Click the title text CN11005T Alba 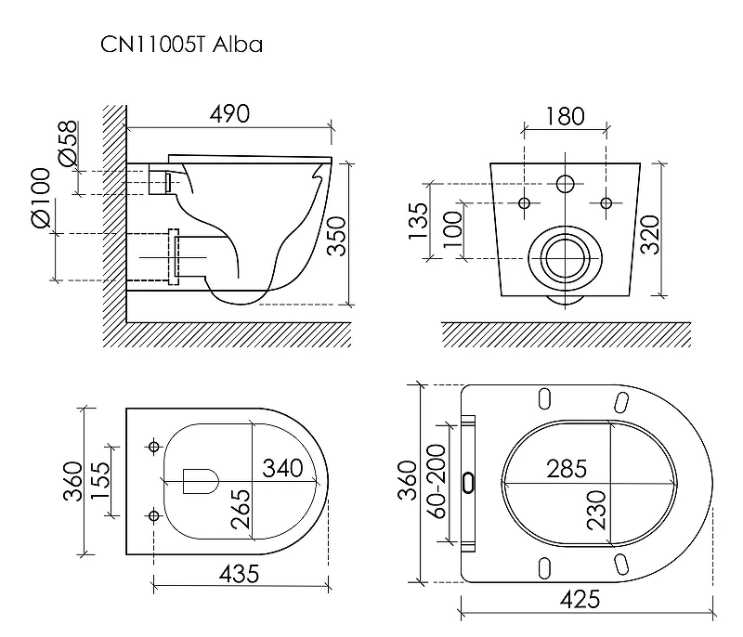coord(181,45)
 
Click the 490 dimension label coord(229,114)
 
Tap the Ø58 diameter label coord(68,144)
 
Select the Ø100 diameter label coord(41,198)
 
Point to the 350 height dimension coord(337,236)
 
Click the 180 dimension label coord(566,116)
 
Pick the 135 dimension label coord(419,221)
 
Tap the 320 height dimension coord(650,234)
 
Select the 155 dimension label coord(100,481)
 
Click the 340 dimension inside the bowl coord(283,468)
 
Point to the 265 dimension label coord(241,509)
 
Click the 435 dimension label coord(240,575)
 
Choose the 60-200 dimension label coord(437,481)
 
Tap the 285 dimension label coord(567,469)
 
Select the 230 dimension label coord(596,510)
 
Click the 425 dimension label coord(580,600)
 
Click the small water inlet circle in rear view coord(566,184)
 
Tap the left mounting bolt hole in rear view coord(524,203)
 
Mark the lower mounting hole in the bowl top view coord(153,514)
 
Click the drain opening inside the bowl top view coord(201,481)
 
